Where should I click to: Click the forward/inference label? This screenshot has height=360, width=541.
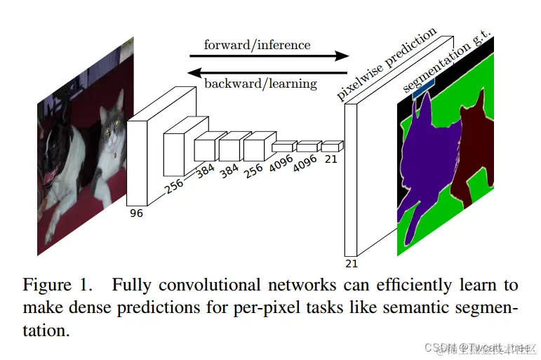click(x=257, y=45)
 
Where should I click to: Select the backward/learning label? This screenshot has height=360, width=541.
click(x=260, y=84)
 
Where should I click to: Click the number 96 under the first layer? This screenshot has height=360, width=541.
click(x=136, y=213)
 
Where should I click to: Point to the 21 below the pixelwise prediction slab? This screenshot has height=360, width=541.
click(x=352, y=264)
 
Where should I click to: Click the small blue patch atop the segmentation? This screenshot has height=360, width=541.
click(x=424, y=90)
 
